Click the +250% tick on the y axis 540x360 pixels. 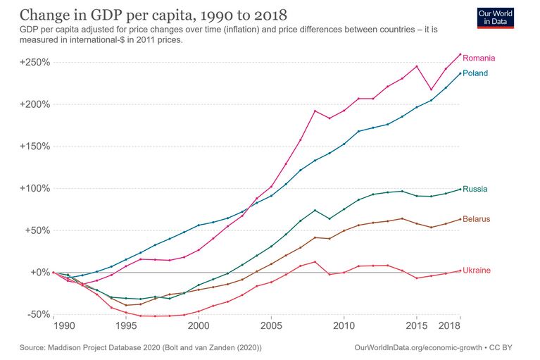34,62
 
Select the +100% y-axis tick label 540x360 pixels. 34,188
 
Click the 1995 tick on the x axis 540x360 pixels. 126,328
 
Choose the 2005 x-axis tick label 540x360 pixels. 271,328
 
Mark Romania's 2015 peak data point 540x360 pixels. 417,66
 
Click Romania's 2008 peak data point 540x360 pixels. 315,111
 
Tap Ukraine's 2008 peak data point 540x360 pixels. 315,262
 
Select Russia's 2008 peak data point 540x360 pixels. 315,210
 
